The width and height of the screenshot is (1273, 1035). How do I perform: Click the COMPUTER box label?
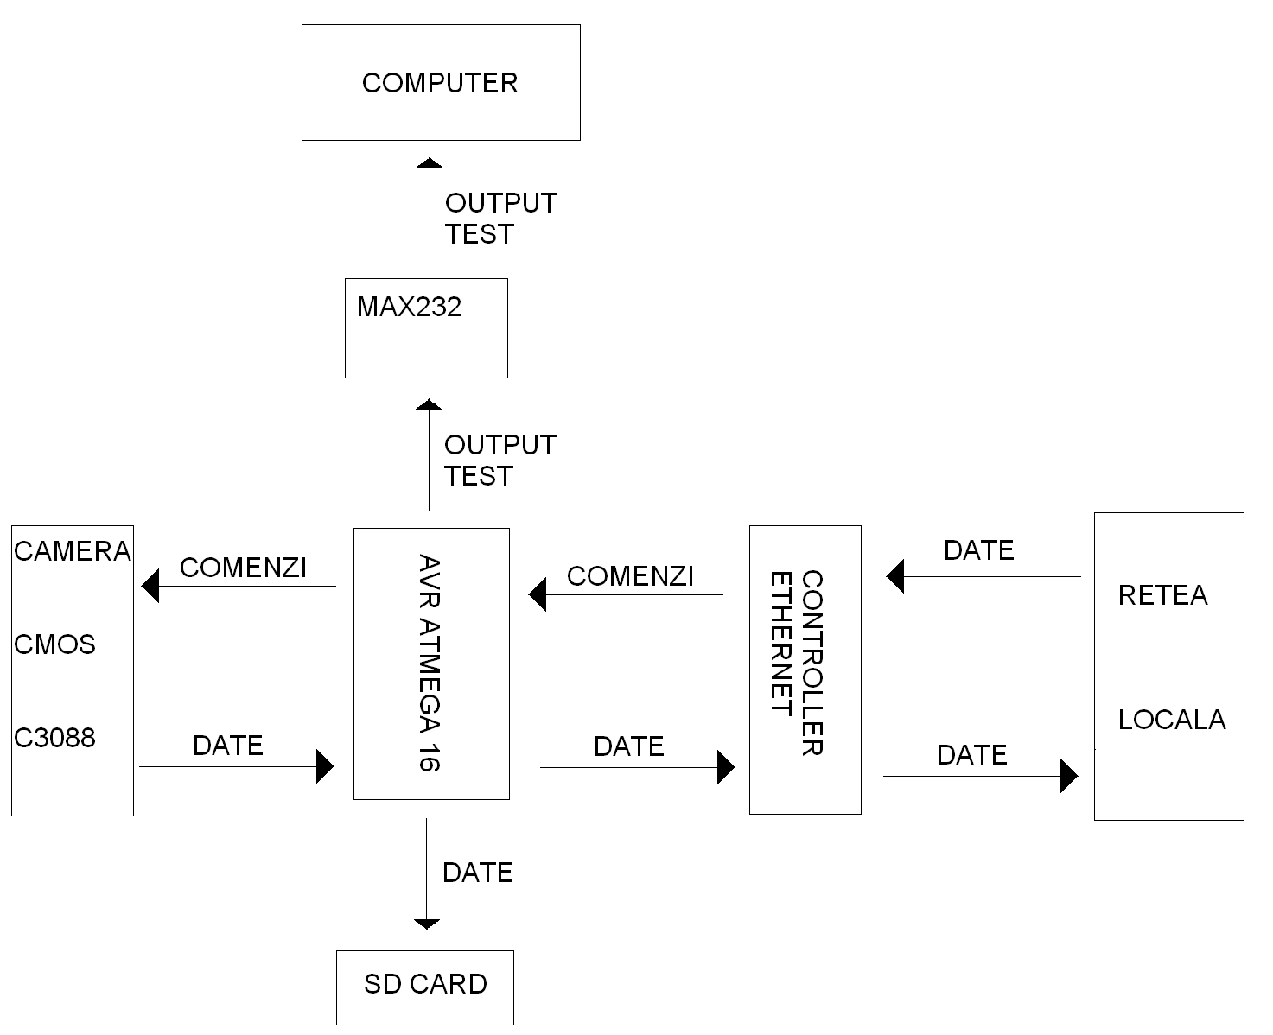click(x=439, y=83)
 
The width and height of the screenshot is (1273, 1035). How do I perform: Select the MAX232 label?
click(x=409, y=307)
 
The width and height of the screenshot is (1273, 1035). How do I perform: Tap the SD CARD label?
click(x=425, y=984)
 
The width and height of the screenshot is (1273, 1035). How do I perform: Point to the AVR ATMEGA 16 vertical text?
click(x=430, y=662)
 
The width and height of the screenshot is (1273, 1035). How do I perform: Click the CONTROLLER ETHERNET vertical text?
click(x=797, y=662)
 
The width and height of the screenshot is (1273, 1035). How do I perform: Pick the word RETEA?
click(x=1162, y=595)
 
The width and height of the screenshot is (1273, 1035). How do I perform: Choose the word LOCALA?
click(x=1171, y=720)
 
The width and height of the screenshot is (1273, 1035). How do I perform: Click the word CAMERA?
click(x=73, y=551)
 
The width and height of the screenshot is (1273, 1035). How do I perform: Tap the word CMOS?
click(x=54, y=644)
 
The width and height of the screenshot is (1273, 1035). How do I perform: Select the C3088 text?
click(x=54, y=738)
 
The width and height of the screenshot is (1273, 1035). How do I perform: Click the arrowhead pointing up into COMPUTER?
click(x=430, y=162)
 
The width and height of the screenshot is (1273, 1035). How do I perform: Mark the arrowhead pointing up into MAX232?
click(x=430, y=403)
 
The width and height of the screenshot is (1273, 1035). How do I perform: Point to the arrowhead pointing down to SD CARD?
click(x=427, y=924)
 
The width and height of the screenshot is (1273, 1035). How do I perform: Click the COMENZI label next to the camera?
click(x=243, y=568)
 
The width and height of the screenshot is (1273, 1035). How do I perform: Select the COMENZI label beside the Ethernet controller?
click(x=630, y=576)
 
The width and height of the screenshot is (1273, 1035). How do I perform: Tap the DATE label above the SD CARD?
click(x=477, y=873)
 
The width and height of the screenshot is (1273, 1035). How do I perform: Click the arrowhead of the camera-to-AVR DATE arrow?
click(x=325, y=766)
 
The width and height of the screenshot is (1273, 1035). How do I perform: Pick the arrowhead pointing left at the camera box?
click(x=150, y=587)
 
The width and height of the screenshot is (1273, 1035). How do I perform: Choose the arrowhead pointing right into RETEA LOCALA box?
click(x=1070, y=776)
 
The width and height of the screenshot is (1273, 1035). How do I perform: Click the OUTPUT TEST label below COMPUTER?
click(x=500, y=219)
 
